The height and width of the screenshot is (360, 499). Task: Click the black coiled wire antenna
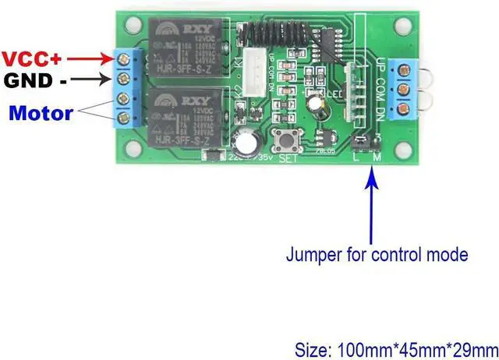pos(269,34)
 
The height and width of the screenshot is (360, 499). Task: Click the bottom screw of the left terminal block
pos(122,118)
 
